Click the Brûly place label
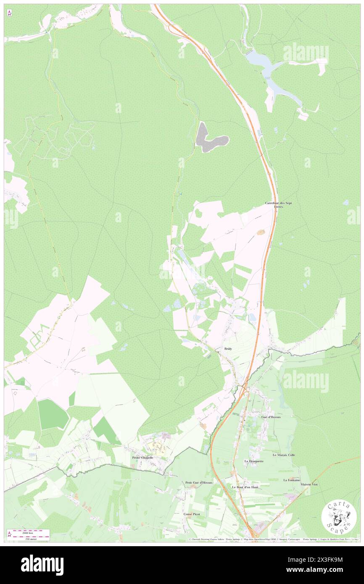[x=228, y=349]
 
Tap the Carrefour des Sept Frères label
[x=278, y=205]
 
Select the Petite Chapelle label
[x=142, y=458]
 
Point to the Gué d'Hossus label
[x=271, y=416]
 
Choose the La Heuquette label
[x=254, y=461]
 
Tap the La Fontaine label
[x=291, y=480]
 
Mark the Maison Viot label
[x=309, y=484]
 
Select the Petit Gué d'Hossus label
[x=199, y=483]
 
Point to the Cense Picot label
[x=192, y=514]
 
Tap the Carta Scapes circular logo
[x=339, y=517]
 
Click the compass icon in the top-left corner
[x=9, y=13]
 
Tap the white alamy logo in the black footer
[x=42, y=565]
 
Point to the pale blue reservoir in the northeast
[x=273, y=76]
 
